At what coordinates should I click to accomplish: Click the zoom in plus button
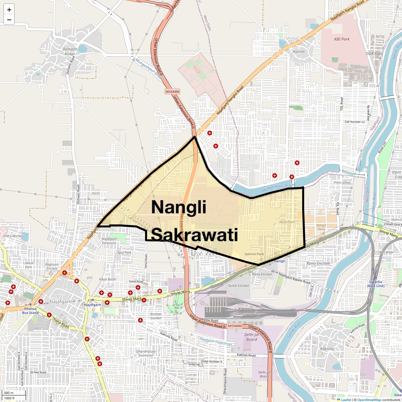point(9,10)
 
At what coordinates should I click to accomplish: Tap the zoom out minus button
point(9,19)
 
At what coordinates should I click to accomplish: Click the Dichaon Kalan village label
point(70,51)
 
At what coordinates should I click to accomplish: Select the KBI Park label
point(342,39)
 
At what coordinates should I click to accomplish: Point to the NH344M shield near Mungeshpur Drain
point(173,91)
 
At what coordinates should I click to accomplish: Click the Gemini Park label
point(254,254)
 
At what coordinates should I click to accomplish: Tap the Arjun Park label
point(287,222)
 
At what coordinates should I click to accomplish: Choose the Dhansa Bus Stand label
point(30,311)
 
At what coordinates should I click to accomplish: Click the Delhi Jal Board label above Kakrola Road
point(252,337)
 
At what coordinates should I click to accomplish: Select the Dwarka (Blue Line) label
point(376,284)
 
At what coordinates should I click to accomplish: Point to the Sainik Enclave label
point(239,285)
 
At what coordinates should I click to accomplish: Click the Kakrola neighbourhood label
point(327,349)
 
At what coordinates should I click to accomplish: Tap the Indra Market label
point(13,236)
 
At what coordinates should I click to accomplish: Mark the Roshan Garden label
point(156,316)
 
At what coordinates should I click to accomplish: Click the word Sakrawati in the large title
point(195,235)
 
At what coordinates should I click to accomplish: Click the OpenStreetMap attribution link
point(369,400)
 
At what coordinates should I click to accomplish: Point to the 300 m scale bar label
point(9,393)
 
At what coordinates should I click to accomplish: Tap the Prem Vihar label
point(342,183)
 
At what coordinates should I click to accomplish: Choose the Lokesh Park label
point(28,265)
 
